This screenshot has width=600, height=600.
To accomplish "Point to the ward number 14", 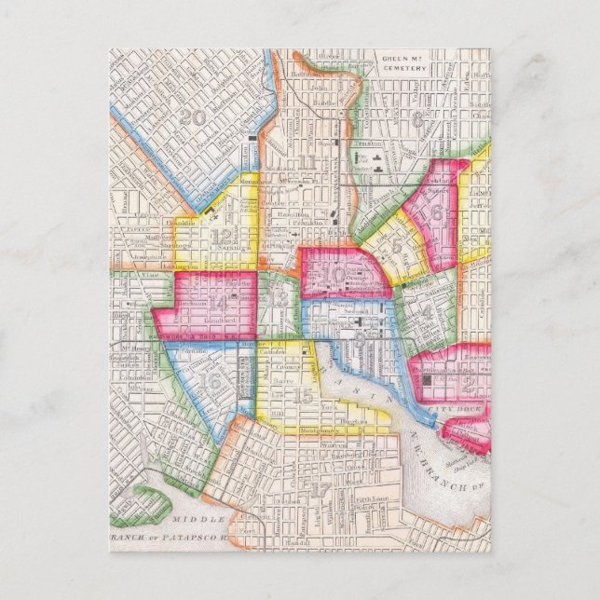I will coord(218,301).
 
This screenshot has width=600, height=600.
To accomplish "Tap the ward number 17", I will coord(320,488).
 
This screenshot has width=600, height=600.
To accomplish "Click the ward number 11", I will coord(307,164).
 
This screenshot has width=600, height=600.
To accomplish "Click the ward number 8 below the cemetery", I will coord(416,119).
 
